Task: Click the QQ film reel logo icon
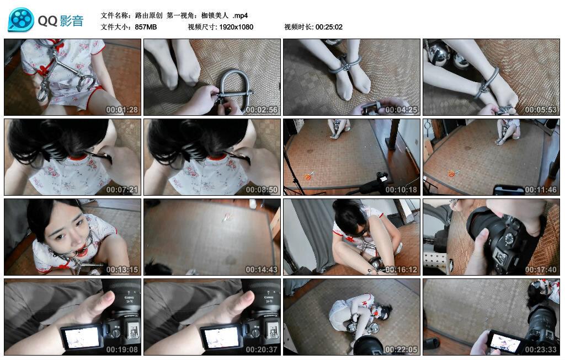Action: coord(21,20)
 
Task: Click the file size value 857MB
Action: coord(146,27)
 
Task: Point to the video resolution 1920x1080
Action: coord(236,27)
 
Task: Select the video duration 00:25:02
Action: coord(329,27)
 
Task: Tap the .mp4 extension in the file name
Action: coord(241,15)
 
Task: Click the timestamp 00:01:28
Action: coord(122,110)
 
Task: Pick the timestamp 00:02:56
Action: coord(262,110)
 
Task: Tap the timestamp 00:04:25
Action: coord(401,110)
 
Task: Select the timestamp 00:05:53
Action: coord(541,110)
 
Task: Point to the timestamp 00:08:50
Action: coord(262,190)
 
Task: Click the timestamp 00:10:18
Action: coord(401,190)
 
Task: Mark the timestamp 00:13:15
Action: coord(122,270)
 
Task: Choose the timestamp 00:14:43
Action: coord(262,270)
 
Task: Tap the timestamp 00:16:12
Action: coord(401,270)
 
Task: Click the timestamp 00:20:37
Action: coord(262,350)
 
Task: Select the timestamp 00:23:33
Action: coord(541,350)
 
